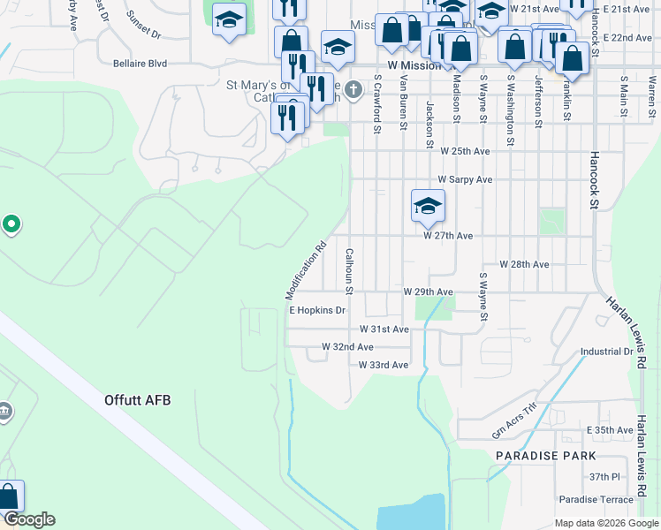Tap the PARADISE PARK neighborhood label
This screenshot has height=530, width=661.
click(x=545, y=456)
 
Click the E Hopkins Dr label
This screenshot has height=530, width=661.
click(x=316, y=311)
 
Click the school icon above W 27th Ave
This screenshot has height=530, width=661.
click(x=428, y=207)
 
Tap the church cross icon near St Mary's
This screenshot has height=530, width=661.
click(x=353, y=89)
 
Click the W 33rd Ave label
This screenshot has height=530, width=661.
click(x=384, y=365)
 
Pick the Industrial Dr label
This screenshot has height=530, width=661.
click(x=606, y=352)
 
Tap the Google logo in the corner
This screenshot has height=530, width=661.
click(x=28, y=519)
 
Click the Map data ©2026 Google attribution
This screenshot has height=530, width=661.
click(x=605, y=523)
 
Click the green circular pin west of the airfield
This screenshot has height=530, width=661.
click(x=11, y=224)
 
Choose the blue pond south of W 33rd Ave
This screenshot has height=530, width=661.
click(x=411, y=512)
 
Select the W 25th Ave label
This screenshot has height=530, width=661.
click(x=464, y=152)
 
